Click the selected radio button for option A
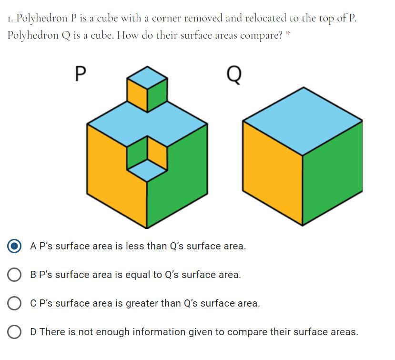tap(15, 246)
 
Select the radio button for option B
tap(15, 275)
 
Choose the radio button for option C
tap(15, 303)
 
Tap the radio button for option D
tap(15, 332)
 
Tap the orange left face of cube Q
tap(272, 172)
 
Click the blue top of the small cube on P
tap(147, 76)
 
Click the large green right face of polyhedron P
tap(181, 186)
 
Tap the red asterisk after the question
tap(288, 33)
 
